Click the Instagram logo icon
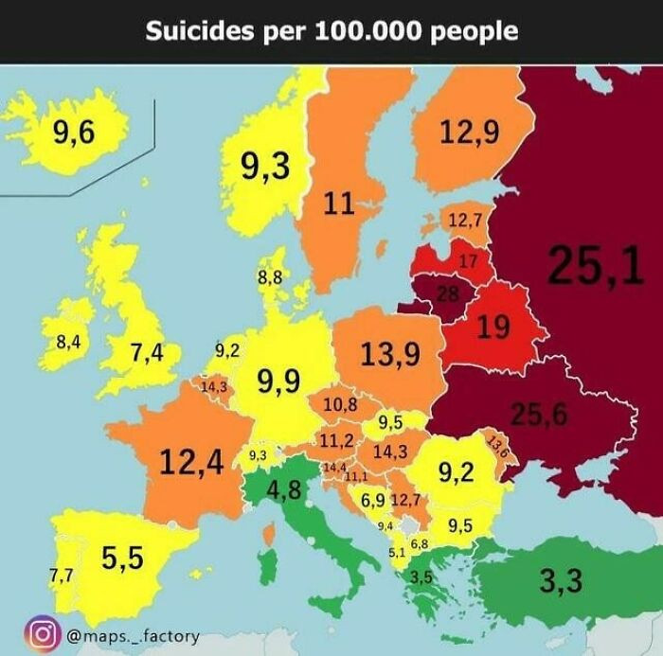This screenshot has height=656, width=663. pyautogui.click(x=43, y=633)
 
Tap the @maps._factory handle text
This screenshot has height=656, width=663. pyautogui.click(x=132, y=634)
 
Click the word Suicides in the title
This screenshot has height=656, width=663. pyautogui.click(x=194, y=31)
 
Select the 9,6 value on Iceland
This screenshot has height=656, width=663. pyautogui.click(x=74, y=133)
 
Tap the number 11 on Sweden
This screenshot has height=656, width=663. pyautogui.click(x=338, y=202)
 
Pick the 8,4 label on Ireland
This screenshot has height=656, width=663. pyautogui.click(x=68, y=343)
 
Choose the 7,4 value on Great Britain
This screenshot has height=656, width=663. pyautogui.click(x=148, y=354)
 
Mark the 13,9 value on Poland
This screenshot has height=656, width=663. pyautogui.click(x=389, y=354)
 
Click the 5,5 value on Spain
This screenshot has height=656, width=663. pyautogui.click(x=122, y=558)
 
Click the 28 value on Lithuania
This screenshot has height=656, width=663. pyautogui.click(x=446, y=294)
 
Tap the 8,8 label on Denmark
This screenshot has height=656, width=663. pyautogui.click(x=269, y=277)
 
